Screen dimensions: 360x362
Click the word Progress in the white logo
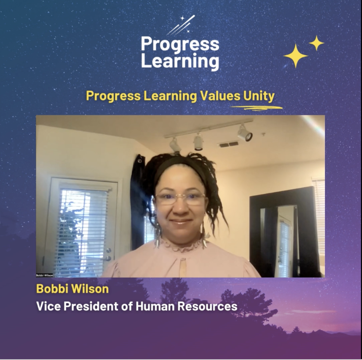[180, 45]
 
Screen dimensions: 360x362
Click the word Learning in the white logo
[180, 61]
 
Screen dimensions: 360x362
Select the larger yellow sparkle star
[295, 56]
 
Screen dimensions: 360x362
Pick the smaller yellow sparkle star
[317, 43]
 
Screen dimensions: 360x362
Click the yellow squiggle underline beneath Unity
[256, 108]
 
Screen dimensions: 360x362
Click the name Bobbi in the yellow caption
[52, 289]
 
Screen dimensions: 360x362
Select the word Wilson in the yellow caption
[90, 289]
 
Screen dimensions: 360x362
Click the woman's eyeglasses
[181, 198]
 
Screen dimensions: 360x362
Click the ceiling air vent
[229, 144]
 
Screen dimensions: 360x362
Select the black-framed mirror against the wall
[282, 231]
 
